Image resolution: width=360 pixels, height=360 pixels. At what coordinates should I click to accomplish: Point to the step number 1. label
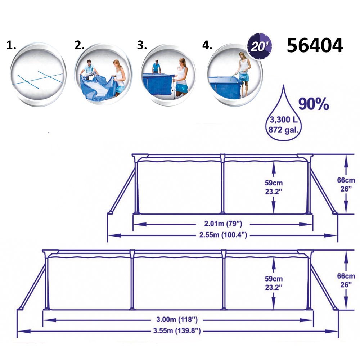[x=12, y=46]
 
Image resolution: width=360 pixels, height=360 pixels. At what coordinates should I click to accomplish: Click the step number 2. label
[x=80, y=46]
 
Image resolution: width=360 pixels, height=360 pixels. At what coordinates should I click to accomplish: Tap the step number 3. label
[x=142, y=46]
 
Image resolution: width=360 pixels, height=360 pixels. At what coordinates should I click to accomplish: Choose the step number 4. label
[x=208, y=46]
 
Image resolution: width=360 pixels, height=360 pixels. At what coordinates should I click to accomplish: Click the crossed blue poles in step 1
[x=37, y=79]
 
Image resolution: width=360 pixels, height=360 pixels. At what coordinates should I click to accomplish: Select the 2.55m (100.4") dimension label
[x=223, y=235]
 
